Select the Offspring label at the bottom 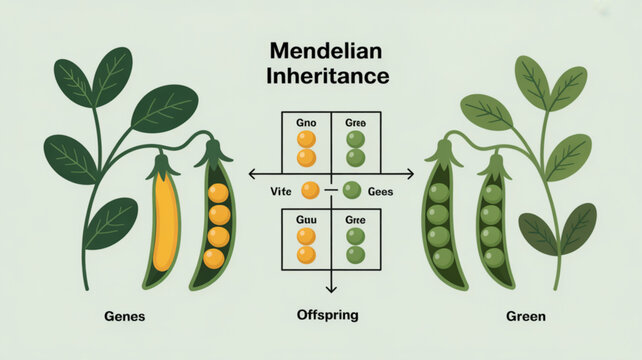pyautogui.click(x=322, y=315)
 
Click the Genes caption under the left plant pyautogui.click(x=125, y=317)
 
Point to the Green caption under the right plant pyautogui.click(x=525, y=317)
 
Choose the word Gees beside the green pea pyautogui.click(x=381, y=190)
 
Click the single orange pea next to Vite pyautogui.click(x=310, y=190)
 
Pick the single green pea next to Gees pyautogui.click(x=351, y=190)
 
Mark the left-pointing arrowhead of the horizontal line pyautogui.click(x=253, y=173)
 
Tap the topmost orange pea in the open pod pyautogui.click(x=217, y=193)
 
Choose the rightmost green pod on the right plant pyautogui.click(x=490, y=222)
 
